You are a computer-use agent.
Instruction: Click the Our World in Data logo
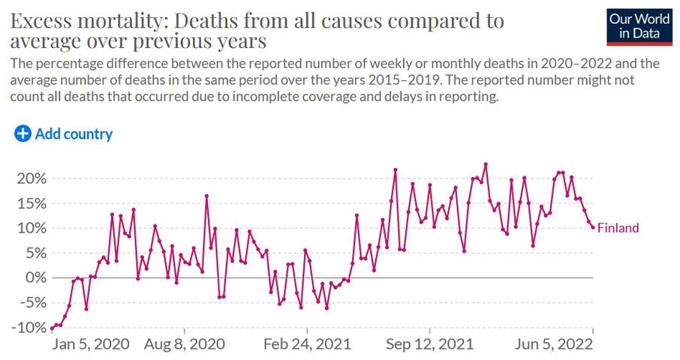point(640,27)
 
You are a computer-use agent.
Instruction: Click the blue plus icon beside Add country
point(23,134)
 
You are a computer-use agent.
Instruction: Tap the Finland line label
point(618,228)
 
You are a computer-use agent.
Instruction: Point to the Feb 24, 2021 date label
point(308,344)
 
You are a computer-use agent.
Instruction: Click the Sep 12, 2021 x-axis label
point(430,344)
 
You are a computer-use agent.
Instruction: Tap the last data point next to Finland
point(593,227)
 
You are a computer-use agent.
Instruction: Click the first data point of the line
point(52,328)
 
